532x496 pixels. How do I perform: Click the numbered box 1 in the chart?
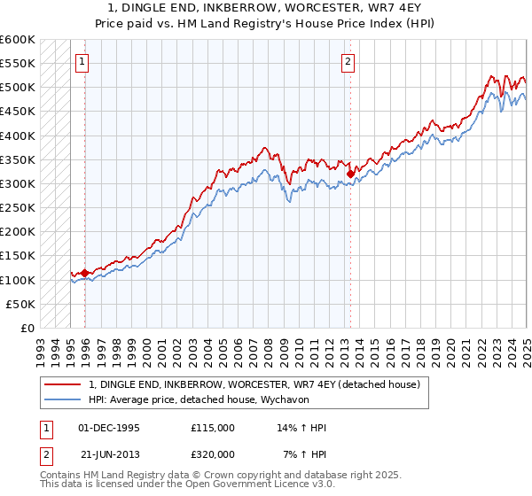pyautogui.click(x=82, y=62)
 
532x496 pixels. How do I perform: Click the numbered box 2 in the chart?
pyautogui.click(x=348, y=62)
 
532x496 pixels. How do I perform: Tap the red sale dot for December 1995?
pyautogui.click(x=85, y=273)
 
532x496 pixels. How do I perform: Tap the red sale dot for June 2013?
pyautogui.click(x=351, y=174)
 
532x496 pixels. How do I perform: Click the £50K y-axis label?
pyautogui.click(x=20, y=304)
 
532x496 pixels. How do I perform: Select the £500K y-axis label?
pyautogui.click(x=17, y=87)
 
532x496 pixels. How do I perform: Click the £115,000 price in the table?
pyautogui.click(x=213, y=428)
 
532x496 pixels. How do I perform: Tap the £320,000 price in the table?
pyautogui.click(x=213, y=454)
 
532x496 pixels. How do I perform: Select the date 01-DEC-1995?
pyautogui.click(x=109, y=428)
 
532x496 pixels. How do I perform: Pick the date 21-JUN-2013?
pyautogui.click(x=109, y=454)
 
